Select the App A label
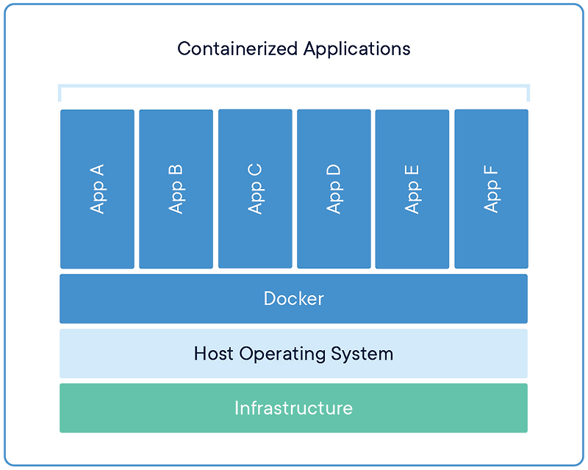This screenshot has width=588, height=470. [97, 189]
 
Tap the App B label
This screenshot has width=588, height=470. [176, 189]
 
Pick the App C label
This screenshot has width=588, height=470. [255, 189]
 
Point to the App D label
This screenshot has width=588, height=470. [334, 189]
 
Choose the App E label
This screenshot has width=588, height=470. [412, 189]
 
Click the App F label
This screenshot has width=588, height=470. [491, 189]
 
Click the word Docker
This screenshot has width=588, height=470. [293, 299]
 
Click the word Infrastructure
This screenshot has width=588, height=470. [293, 407]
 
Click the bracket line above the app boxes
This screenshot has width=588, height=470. [293, 86]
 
